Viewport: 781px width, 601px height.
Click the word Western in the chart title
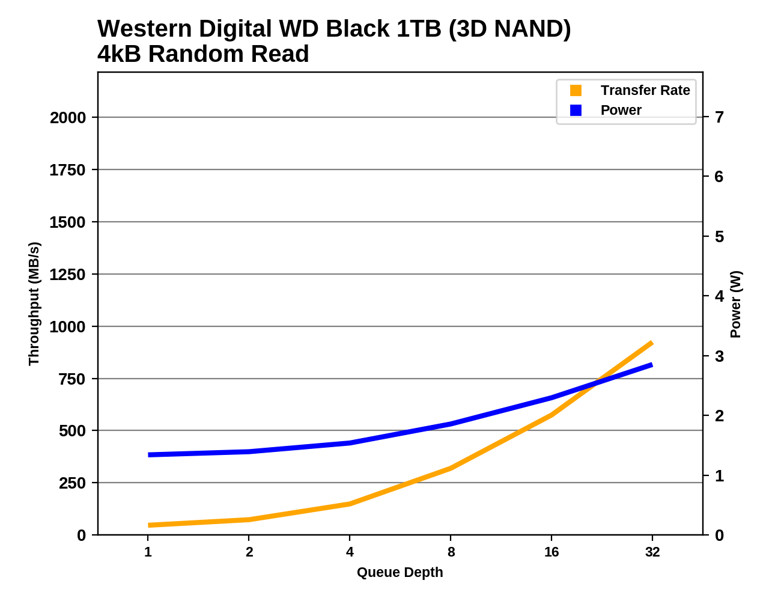(x=141, y=29)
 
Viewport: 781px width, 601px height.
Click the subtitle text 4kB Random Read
(x=203, y=54)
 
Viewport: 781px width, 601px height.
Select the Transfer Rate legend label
(x=645, y=90)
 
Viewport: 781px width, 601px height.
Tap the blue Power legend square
(x=576, y=110)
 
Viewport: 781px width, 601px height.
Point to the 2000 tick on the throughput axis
(x=68, y=117)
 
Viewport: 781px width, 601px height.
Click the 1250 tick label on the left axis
(x=68, y=274)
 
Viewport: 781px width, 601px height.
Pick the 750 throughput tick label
(x=72, y=379)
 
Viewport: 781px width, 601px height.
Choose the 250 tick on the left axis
(x=72, y=483)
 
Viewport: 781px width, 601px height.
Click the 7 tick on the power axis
(x=719, y=117)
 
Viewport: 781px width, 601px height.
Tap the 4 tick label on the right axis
(x=719, y=296)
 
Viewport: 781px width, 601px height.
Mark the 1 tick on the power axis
(x=719, y=475)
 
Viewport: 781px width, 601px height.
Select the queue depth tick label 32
(x=652, y=552)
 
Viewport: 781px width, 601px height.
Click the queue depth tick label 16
(x=552, y=552)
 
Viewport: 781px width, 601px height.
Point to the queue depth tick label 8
(x=451, y=552)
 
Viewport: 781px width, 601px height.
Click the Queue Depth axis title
(x=400, y=572)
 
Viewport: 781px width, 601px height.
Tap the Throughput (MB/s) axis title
(x=34, y=304)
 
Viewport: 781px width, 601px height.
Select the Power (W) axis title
(x=736, y=304)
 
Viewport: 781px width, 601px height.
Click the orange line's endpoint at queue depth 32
(x=652, y=343)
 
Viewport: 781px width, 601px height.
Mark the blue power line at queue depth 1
(x=148, y=455)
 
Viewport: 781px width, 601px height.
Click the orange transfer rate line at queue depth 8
(x=451, y=468)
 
